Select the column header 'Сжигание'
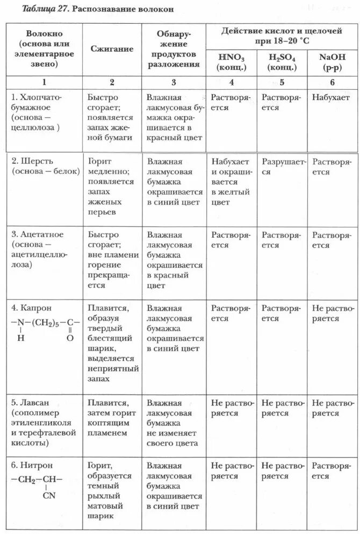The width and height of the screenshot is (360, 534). tap(111, 49)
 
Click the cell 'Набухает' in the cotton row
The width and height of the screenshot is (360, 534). tap(329, 98)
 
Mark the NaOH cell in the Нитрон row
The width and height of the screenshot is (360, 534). tap(329, 471)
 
